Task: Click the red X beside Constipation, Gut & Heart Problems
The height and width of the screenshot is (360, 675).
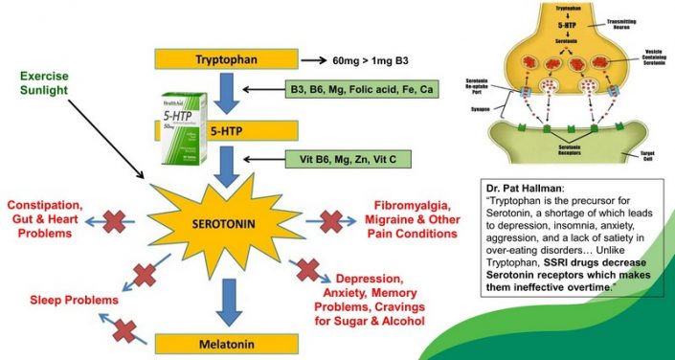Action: tap(114, 223)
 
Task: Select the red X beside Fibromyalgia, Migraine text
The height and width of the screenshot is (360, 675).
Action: tap(331, 222)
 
